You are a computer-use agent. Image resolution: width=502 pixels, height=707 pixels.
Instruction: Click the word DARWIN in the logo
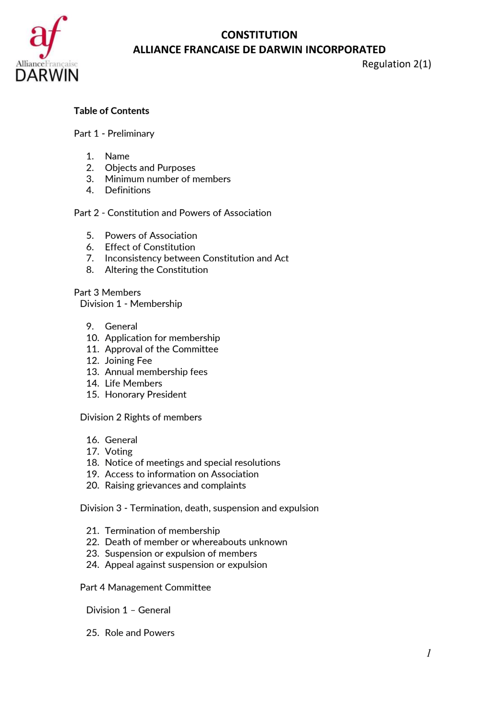pyautogui.click(x=47, y=75)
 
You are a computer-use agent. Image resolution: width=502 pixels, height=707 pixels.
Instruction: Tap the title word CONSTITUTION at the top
pyautogui.click(x=259, y=35)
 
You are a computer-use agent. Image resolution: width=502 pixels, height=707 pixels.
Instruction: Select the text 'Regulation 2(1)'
pyautogui.click(x=396, y=64)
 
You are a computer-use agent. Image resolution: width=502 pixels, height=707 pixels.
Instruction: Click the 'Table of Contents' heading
pyautogui.click(x=111, y=111)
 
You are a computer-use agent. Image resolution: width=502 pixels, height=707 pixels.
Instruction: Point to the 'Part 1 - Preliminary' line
pyautogui.click(x=114, y=133)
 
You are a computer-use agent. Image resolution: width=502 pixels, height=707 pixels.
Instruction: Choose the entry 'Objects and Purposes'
pyautogui.click(x=150, y=168)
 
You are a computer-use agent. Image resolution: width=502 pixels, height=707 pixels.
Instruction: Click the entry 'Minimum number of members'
pyautogui.click(x=167, y=179)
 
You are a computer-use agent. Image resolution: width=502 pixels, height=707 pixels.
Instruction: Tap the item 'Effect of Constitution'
pyautogui.click(x=150, y=247)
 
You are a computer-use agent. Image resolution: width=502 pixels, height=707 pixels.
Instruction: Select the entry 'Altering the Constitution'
pyautogui.click(x=156, y=270)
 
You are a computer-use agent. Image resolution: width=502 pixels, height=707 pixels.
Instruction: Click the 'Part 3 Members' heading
pyautogui.click(x=108, y=293)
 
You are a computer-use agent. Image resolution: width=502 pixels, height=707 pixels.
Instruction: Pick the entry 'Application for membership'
pyautogui.click(x=162, y=338)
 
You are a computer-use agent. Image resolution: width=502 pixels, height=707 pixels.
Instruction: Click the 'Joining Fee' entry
pyautogui.click(x=129, y=361)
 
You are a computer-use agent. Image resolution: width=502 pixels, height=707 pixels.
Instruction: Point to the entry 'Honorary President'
pyautogui.click(x=145, y=395)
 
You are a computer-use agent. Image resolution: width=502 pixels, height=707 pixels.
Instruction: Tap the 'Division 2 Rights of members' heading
pyautogui.click(x=141, y=417)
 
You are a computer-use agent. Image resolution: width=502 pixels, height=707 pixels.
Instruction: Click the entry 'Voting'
pyautogui.click(x=119, y=451)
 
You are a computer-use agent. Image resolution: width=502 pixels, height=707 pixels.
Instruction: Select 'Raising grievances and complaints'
pyautogui.click(x=175, y=485)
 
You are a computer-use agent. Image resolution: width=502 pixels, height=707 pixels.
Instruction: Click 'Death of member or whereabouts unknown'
pyautogui.click(x=196, y=542)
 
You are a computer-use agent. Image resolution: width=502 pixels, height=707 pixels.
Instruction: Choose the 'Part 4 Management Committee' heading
pyautogui.click(x=145, y=588)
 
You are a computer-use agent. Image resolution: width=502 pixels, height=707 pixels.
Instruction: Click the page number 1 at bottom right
pyautogui.click(x=429, y=653)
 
